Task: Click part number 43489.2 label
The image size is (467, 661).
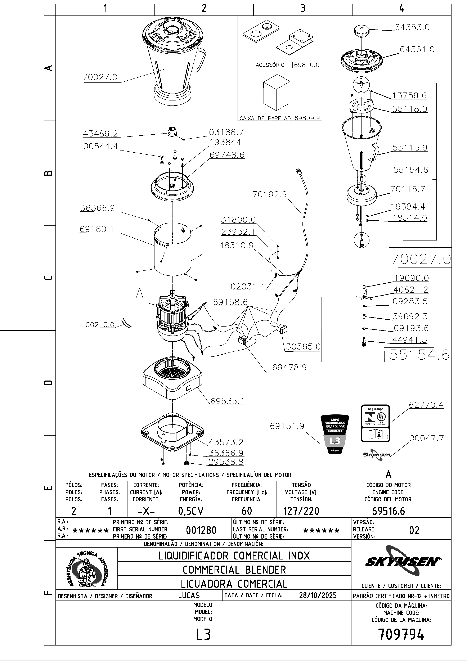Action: (x=100, y=134)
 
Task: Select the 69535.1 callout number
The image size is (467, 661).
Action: (x=228, y=401)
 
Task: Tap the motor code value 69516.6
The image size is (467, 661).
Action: (x=388, y=511)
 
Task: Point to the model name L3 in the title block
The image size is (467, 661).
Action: (x=203, y=634)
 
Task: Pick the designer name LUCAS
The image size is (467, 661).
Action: (x=189, y=595)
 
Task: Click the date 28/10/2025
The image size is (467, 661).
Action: (x=318, y=595)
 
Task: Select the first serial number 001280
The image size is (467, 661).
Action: (x=201, y=530)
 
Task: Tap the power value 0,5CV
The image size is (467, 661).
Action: (x=191, y=511)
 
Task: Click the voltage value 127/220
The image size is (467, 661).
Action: (x=301, y=511)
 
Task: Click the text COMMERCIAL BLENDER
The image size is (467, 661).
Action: (x=234, y=570)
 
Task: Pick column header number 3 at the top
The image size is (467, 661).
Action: (x=303, y=8)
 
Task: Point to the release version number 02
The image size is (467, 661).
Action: (x=414, y=530)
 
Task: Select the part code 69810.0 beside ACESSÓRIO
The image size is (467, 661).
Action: (x=307, y=65)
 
